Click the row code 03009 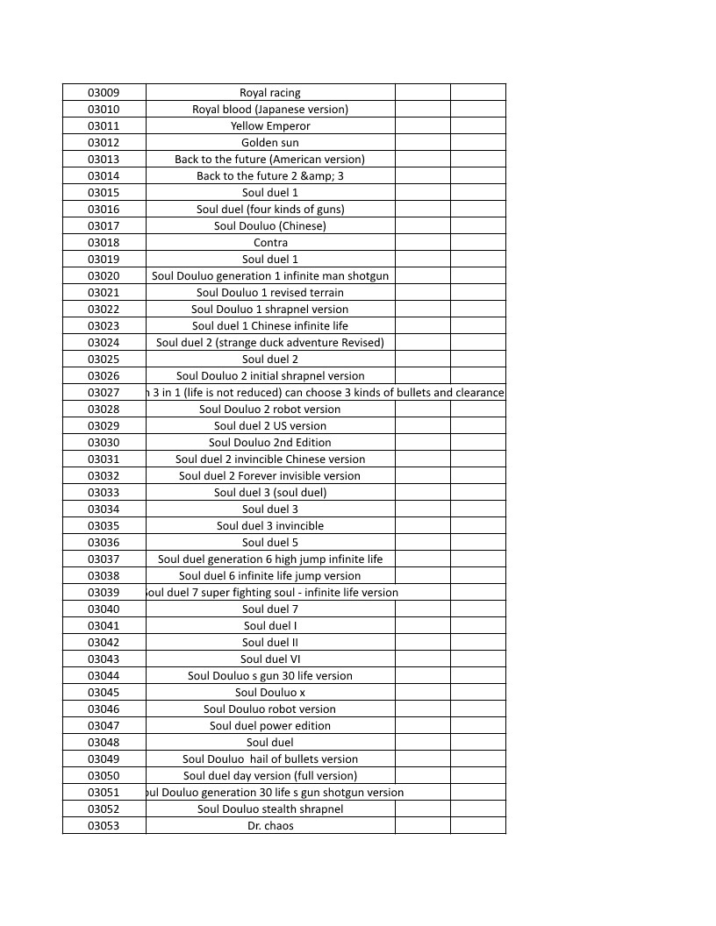(104, 93)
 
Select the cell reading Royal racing (270, 93)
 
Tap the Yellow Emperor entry (270, 126)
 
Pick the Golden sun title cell (270, 143)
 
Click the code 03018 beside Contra (104, 243)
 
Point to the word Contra (270, 243)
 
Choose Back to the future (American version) (270, 160)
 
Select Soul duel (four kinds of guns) (270, 210)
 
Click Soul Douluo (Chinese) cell (270, 226)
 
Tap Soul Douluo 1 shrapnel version (270, 310)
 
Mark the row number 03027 (104, 393)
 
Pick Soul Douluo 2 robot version (270, 410)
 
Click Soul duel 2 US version (270, 426)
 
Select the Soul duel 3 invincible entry (270, 526)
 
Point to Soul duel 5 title (270, 543)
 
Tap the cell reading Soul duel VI (270, 659)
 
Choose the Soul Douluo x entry (270, 693)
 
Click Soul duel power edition (270, 726)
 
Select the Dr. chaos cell (270, 826)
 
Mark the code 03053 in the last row (104, 826)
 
